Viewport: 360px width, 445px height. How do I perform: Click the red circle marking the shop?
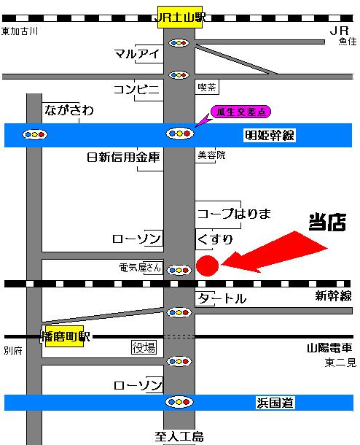[206, 266]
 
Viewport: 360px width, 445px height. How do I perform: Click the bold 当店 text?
[326, 222]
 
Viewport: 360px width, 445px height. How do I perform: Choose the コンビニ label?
[136, 89]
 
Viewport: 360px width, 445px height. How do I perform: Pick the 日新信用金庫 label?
[122, 157]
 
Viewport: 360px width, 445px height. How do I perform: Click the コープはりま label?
[234, 214]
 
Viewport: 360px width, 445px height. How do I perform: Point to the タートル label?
[222, 299]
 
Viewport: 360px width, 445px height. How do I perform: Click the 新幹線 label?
[333, 295]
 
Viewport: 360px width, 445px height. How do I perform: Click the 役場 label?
[144, 348]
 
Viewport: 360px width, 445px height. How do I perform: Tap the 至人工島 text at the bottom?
[179, 437]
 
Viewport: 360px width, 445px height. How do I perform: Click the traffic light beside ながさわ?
[35, 134]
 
